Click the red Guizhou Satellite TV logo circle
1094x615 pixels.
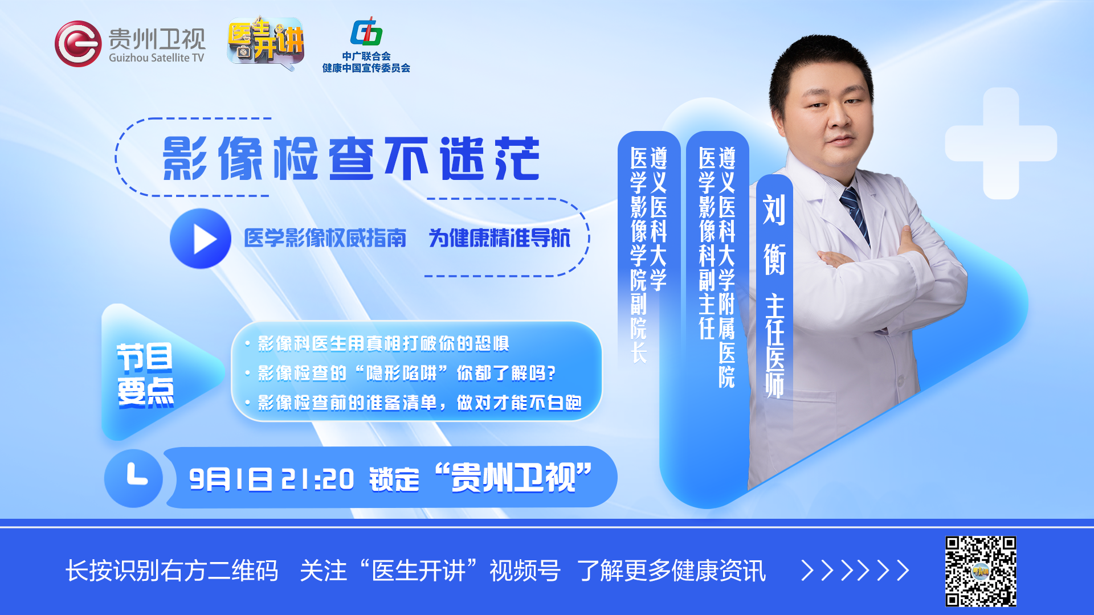point(78,44)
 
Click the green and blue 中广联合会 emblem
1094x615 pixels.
point(366,31)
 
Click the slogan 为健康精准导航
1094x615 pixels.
point(499,238)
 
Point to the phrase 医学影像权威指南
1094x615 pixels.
point(325,238)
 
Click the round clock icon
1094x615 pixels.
point(133,478)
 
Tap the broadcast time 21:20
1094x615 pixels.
point(317,479)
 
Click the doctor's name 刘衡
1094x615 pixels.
point(774,235)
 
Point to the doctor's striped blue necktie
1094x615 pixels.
point(855,214)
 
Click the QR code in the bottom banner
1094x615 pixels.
point(981,571)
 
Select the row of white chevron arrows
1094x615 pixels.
point(855,570)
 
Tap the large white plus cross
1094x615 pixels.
point(1001,143)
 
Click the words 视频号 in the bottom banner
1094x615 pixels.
point(525,571)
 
